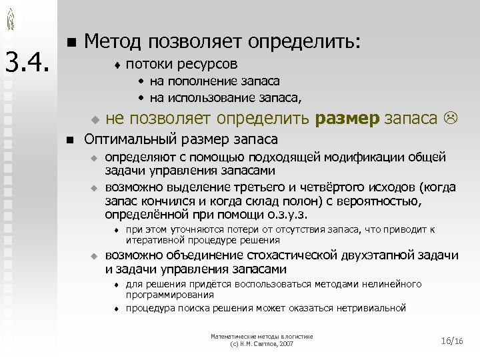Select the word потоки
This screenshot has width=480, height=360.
144,65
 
